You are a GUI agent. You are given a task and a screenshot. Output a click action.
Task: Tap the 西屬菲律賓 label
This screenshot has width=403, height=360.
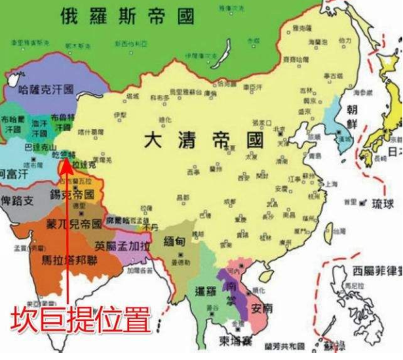click(374, 270)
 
